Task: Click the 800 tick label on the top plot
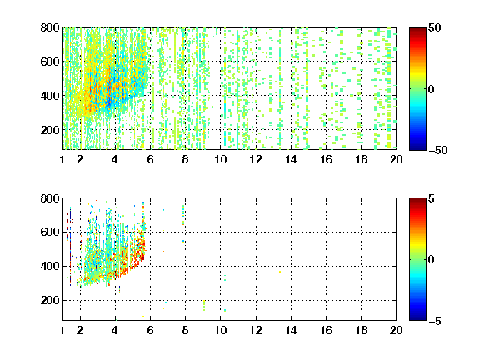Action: point(50,27)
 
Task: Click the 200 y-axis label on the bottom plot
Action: point(50,300)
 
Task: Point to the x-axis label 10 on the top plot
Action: point(220,159)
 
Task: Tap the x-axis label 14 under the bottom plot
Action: point(291,330)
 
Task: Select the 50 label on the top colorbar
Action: point(434,27)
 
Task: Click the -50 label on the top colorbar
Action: point(438,150)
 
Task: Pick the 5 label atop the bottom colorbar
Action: point(432,198)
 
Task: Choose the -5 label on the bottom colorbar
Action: point(435,321)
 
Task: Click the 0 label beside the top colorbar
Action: point(432,89)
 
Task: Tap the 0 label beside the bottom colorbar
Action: point(432,260)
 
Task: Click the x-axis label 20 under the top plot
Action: point(396,159)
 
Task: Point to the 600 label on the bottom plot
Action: point(50,232)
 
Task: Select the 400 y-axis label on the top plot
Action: point(50,96)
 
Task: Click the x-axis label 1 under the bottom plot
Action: point(62,330)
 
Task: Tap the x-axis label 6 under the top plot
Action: point(150,159)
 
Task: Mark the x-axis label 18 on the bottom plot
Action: point(361,330)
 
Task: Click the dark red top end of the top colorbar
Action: point(417,29)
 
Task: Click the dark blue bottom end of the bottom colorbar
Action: point(417,318)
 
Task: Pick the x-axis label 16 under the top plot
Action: point(326,159)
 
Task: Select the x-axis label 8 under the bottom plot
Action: point(185,330)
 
